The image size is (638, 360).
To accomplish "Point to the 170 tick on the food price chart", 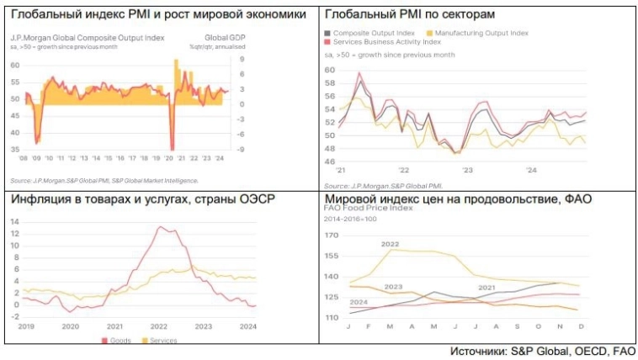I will pos(332,235).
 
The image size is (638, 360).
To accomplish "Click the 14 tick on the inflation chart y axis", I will pos(14,220).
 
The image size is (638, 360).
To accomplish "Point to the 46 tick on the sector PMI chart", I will pos(330,161).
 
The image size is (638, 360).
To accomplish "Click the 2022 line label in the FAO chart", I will pos(390,244).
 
